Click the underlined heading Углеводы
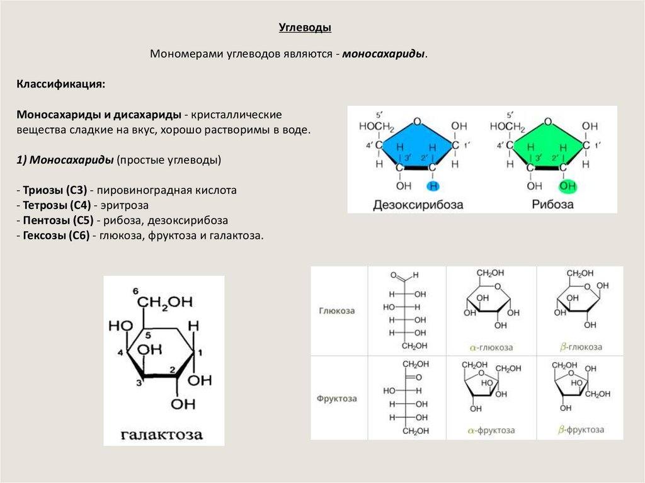click(305, 28)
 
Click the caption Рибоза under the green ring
click(552, 205)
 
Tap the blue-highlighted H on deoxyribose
click(432, 186)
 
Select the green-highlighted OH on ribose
click(568, 186)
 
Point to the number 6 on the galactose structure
click(135, 290)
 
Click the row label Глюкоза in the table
click(337, 310)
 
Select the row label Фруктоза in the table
click(337, 399)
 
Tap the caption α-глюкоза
click(491, 347)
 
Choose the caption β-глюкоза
click(580, 347)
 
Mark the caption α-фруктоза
click(491, 431)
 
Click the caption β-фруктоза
click(580, 430)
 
